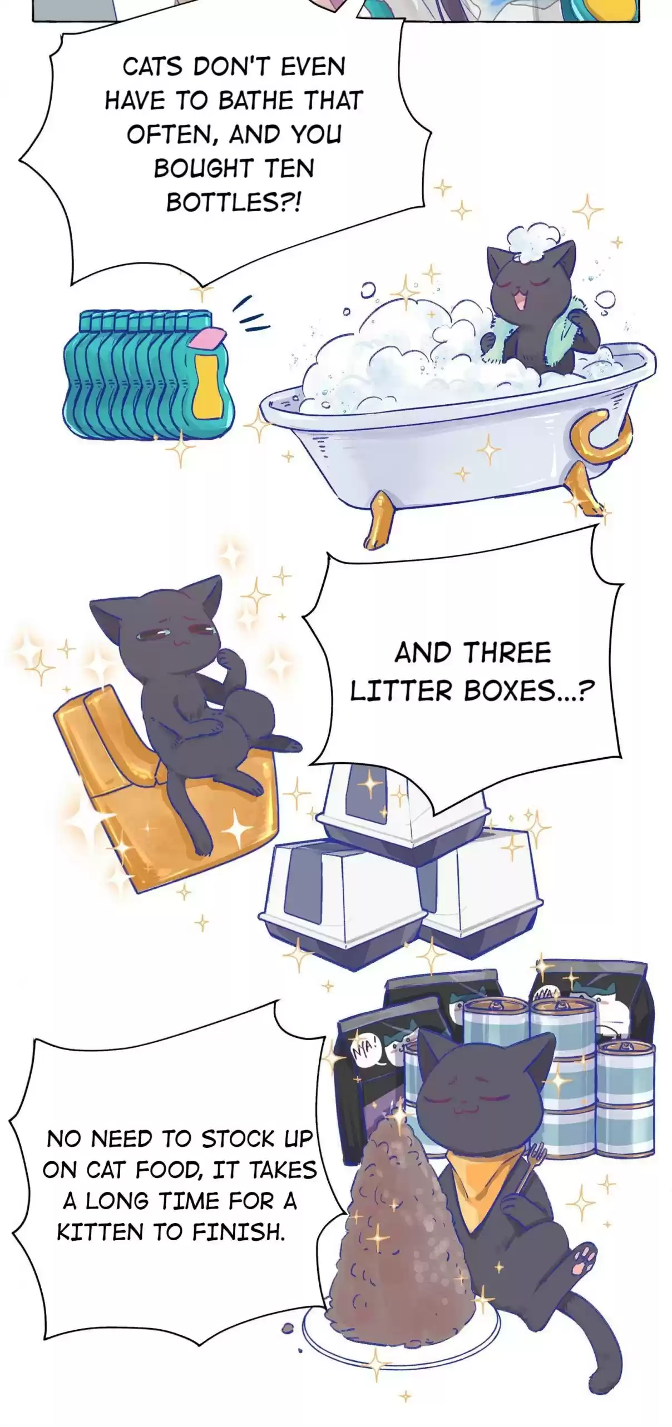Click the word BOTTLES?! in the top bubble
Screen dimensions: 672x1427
(233, 202)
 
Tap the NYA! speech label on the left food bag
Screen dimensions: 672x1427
(365, 1050)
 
